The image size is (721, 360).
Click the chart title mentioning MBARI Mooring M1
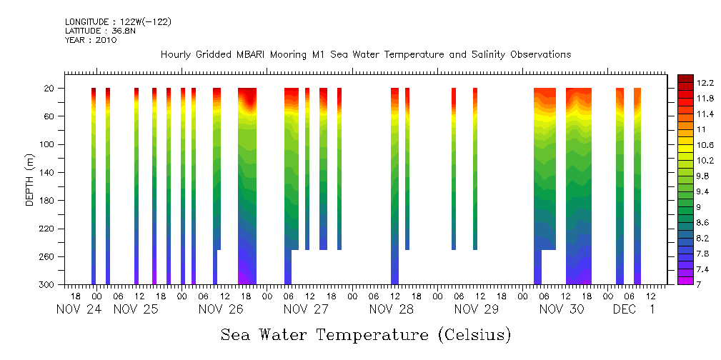365,55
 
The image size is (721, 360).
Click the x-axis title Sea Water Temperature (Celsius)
366,334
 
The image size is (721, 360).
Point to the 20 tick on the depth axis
50,89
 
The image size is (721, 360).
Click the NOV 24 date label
79,309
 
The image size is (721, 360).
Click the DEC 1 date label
635,309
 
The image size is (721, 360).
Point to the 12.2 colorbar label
686,83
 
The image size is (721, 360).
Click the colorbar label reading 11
682,129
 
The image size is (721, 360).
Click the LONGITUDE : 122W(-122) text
118,22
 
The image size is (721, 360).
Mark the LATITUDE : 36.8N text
96,31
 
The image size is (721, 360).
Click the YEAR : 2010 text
91,41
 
